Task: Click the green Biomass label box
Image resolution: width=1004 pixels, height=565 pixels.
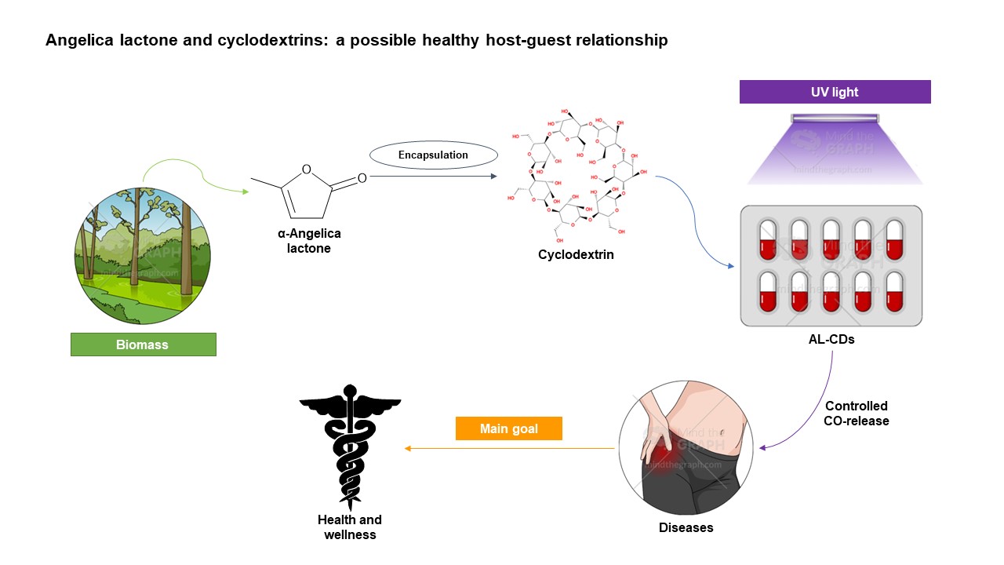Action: coord(143,344)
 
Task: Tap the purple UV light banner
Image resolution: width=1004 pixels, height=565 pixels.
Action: coord(835,92)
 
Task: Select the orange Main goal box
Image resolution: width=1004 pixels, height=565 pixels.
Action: coord(509,428)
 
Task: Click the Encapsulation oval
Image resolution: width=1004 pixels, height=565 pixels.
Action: coord(433,155)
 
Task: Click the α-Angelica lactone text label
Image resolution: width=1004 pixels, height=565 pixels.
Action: coord(309,241)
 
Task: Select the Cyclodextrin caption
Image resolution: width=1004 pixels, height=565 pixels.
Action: coord(576,255)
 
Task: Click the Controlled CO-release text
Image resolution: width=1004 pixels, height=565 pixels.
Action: coord(857,414)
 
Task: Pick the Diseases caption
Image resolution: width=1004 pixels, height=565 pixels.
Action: coord(686,527)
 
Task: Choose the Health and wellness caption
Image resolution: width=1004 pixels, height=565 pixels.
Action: coord(350,527)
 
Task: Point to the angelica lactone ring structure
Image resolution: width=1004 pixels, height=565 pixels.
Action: coord(308,190)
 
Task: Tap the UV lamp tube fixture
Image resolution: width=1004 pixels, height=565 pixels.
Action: coord(835,118)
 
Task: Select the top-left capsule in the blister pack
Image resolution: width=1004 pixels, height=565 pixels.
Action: coord(767,239)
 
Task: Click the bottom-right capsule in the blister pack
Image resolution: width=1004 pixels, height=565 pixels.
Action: coord(894,291)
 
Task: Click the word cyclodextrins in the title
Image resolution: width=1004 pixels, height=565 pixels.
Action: coord(271,40)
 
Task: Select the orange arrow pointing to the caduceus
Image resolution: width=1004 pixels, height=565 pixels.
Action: coord(509,449)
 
